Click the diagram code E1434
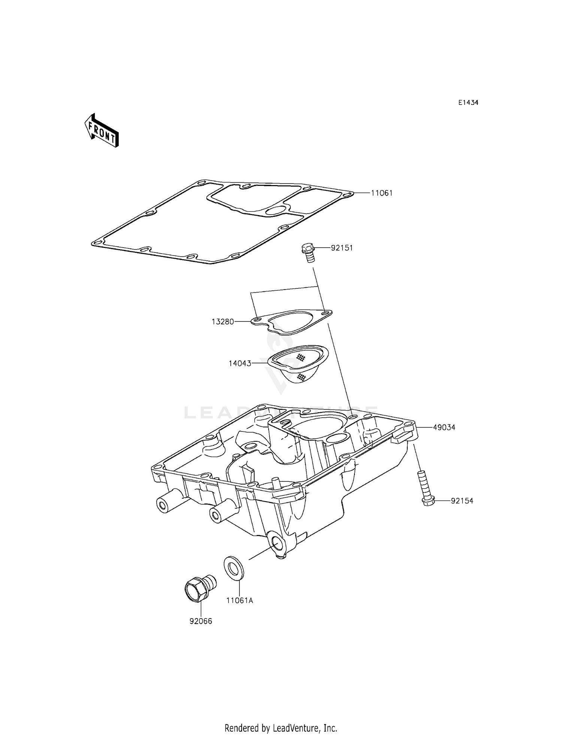(468, 103)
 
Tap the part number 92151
(341, 248)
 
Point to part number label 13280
(223, 321)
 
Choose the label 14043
(240, 363)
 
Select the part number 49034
(444, 427)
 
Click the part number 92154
(462, 501)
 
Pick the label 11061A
(239, 601)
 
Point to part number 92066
(201, 621)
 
